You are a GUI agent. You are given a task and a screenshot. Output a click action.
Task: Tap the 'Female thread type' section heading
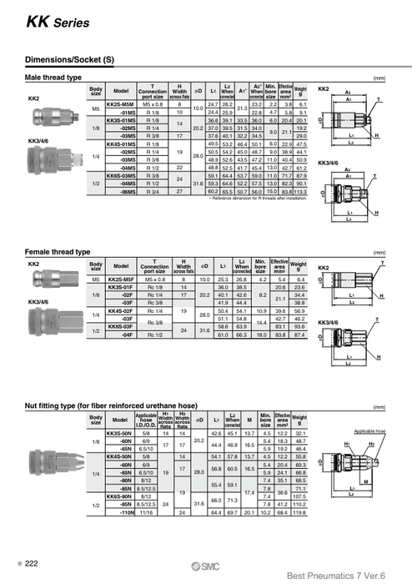pyautogui.click(x=58, y=251)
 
